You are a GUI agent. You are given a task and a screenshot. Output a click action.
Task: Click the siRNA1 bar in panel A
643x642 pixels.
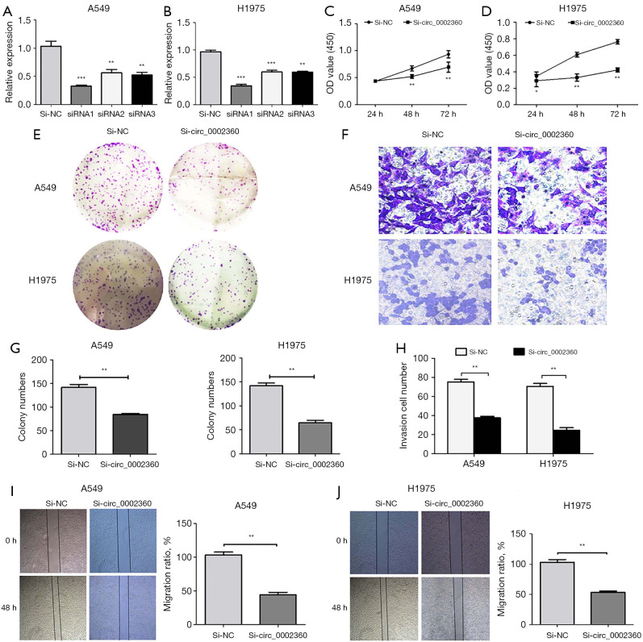click(x=81, y=94)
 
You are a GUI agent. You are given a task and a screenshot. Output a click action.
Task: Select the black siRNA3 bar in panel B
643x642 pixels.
click(x=303, y=88)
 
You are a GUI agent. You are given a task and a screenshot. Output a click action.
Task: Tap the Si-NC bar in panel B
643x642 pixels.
click(x=210, y=78)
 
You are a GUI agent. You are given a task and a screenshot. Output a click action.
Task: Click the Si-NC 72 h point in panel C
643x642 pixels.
click(x=449, y=54)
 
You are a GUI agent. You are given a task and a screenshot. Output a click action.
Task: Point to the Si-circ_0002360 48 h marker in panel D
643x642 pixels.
click(x=577, y=77)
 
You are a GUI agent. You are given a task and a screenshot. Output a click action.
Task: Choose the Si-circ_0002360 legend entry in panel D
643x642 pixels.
click(x=596, y=23)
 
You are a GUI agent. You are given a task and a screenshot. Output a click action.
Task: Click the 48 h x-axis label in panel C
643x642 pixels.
click(x=411, y=114)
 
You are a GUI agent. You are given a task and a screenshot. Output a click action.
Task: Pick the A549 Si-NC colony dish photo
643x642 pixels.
click(x=118, y=187)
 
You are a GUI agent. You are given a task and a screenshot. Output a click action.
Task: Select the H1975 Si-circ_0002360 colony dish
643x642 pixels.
click(x=213, y=285)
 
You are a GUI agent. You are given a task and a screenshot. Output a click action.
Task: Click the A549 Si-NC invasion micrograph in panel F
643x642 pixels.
click(x=435, y=190)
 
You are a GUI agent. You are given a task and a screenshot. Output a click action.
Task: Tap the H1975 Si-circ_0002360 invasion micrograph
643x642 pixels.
click(x=552, y=282)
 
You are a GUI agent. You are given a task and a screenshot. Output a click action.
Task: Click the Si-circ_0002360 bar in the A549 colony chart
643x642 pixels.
click(x=130, y=434)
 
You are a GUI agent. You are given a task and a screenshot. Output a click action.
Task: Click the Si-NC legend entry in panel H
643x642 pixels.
click(x=472, y=352)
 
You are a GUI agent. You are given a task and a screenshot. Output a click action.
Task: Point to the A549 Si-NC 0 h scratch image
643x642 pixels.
click(x=53, y=541)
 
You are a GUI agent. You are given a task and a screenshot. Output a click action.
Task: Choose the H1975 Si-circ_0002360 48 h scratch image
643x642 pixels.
click(x=456, y=607)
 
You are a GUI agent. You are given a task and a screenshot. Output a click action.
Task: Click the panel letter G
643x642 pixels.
click(x=15, y=348)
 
